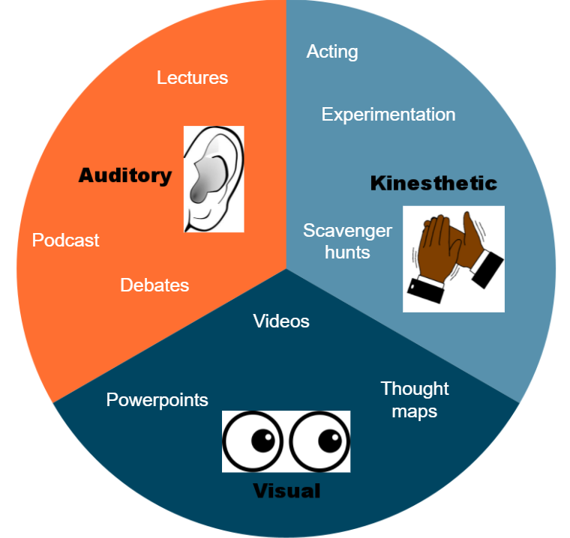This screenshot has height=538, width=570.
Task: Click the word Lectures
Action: (192, 77)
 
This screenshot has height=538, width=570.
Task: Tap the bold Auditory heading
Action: (125, 175)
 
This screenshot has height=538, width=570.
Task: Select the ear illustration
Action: (214, 178)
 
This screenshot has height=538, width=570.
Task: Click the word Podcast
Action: (65, 241)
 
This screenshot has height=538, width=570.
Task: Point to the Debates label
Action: (154, 285)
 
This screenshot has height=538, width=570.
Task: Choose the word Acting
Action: (332, 52)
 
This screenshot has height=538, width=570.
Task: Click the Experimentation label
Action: (388, 115)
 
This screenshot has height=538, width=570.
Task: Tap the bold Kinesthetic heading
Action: (433, 183)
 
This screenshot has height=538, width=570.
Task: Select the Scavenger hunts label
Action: (347, 241)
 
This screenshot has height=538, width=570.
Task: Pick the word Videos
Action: (281, 321)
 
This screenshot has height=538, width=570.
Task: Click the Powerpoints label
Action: (157, 399)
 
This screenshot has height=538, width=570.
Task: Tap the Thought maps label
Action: (414, 400)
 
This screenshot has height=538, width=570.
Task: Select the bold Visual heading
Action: (286, 492)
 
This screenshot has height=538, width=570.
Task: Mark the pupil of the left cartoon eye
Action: (262, 441)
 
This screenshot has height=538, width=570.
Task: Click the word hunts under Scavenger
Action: (347, 252)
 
